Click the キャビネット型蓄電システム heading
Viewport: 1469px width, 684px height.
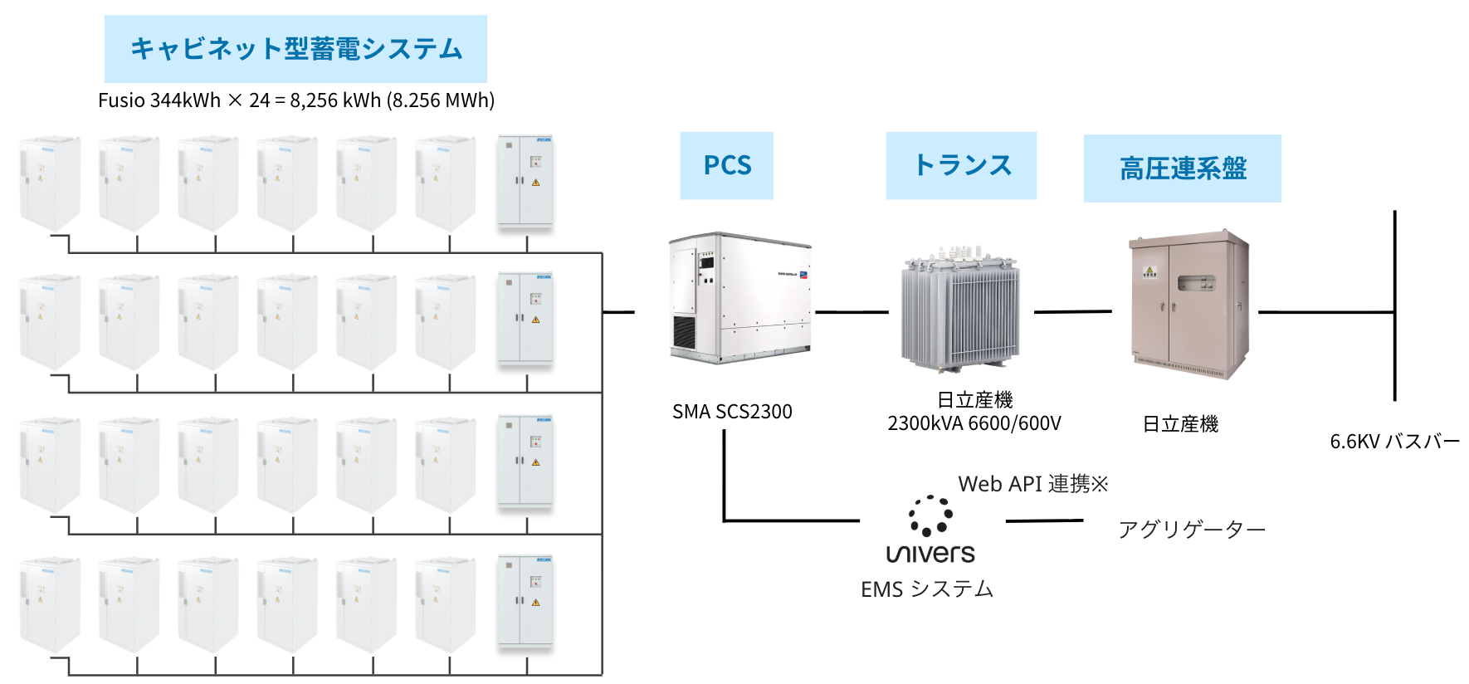pyautogui.click(x=295, y=48)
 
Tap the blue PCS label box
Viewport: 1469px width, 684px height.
pyautogui.click(x=726, y=165)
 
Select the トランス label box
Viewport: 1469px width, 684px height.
pyautogui.click(x=961, y=165)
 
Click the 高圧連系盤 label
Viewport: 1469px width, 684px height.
pyautogui.click(x=1182, y=169)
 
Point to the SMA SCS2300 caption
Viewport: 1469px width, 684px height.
pyautogui.click(x=732, y=412)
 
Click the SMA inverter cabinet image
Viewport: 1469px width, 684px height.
pyautogui.click(x=739, y=297)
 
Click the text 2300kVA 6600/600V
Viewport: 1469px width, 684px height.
pyautogui.click(x=974, y=423)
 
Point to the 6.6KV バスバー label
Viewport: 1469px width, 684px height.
pyautogui.click(x=1394, y=442)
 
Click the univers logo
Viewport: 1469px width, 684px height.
pyautogui.click(x=930, y=531)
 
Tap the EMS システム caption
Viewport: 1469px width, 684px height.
pyautogui.click(x=927, y=589)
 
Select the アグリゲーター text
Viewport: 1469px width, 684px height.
pyautogui.click(x=1191, y=530)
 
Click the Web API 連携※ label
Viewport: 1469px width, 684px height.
pyautogui.click(x=1033, y=484)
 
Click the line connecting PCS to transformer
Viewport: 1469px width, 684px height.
pyautogui.click(x=852, y=312)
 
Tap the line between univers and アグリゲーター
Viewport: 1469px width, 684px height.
pyautogui.click(x=1044, y=521)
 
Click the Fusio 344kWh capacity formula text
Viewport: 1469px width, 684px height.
pyautogui.click(x=296, y=100)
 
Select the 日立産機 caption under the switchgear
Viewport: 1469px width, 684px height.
pyautogui.click(x=1180, y=424)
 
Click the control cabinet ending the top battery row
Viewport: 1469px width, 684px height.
pyautogui.click(x=525, y=181)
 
